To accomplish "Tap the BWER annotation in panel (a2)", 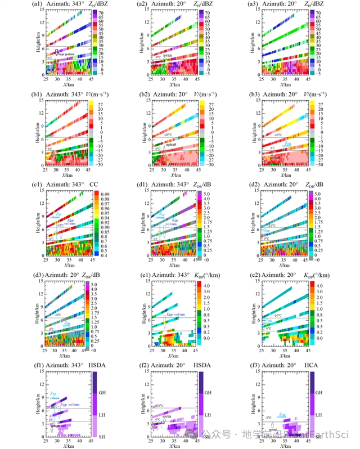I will pyautogui.click(x=168, y=55).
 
